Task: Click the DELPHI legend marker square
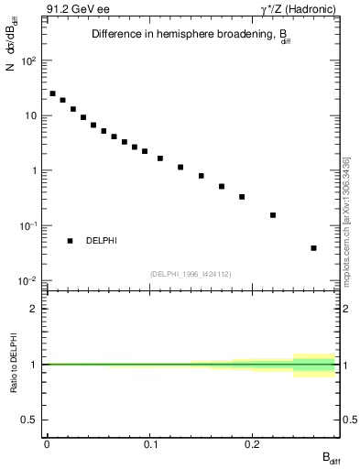tap(70, 241)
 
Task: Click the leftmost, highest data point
tap(52, 93)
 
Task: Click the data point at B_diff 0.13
tap(180, 168)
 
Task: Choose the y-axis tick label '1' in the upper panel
tap(35, 171)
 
